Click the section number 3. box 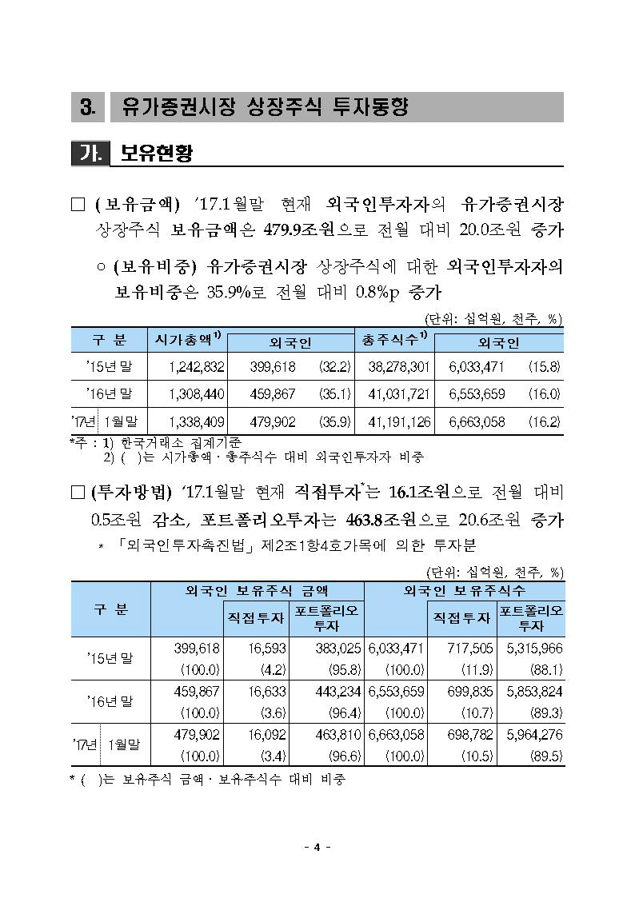point(88,107)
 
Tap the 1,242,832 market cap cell point(198,367)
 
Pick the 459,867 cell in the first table point(274,394)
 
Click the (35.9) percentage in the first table point(333,421)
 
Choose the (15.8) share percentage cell point(544,367)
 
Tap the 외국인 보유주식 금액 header point(256,591)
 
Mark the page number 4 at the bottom point(317,848)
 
